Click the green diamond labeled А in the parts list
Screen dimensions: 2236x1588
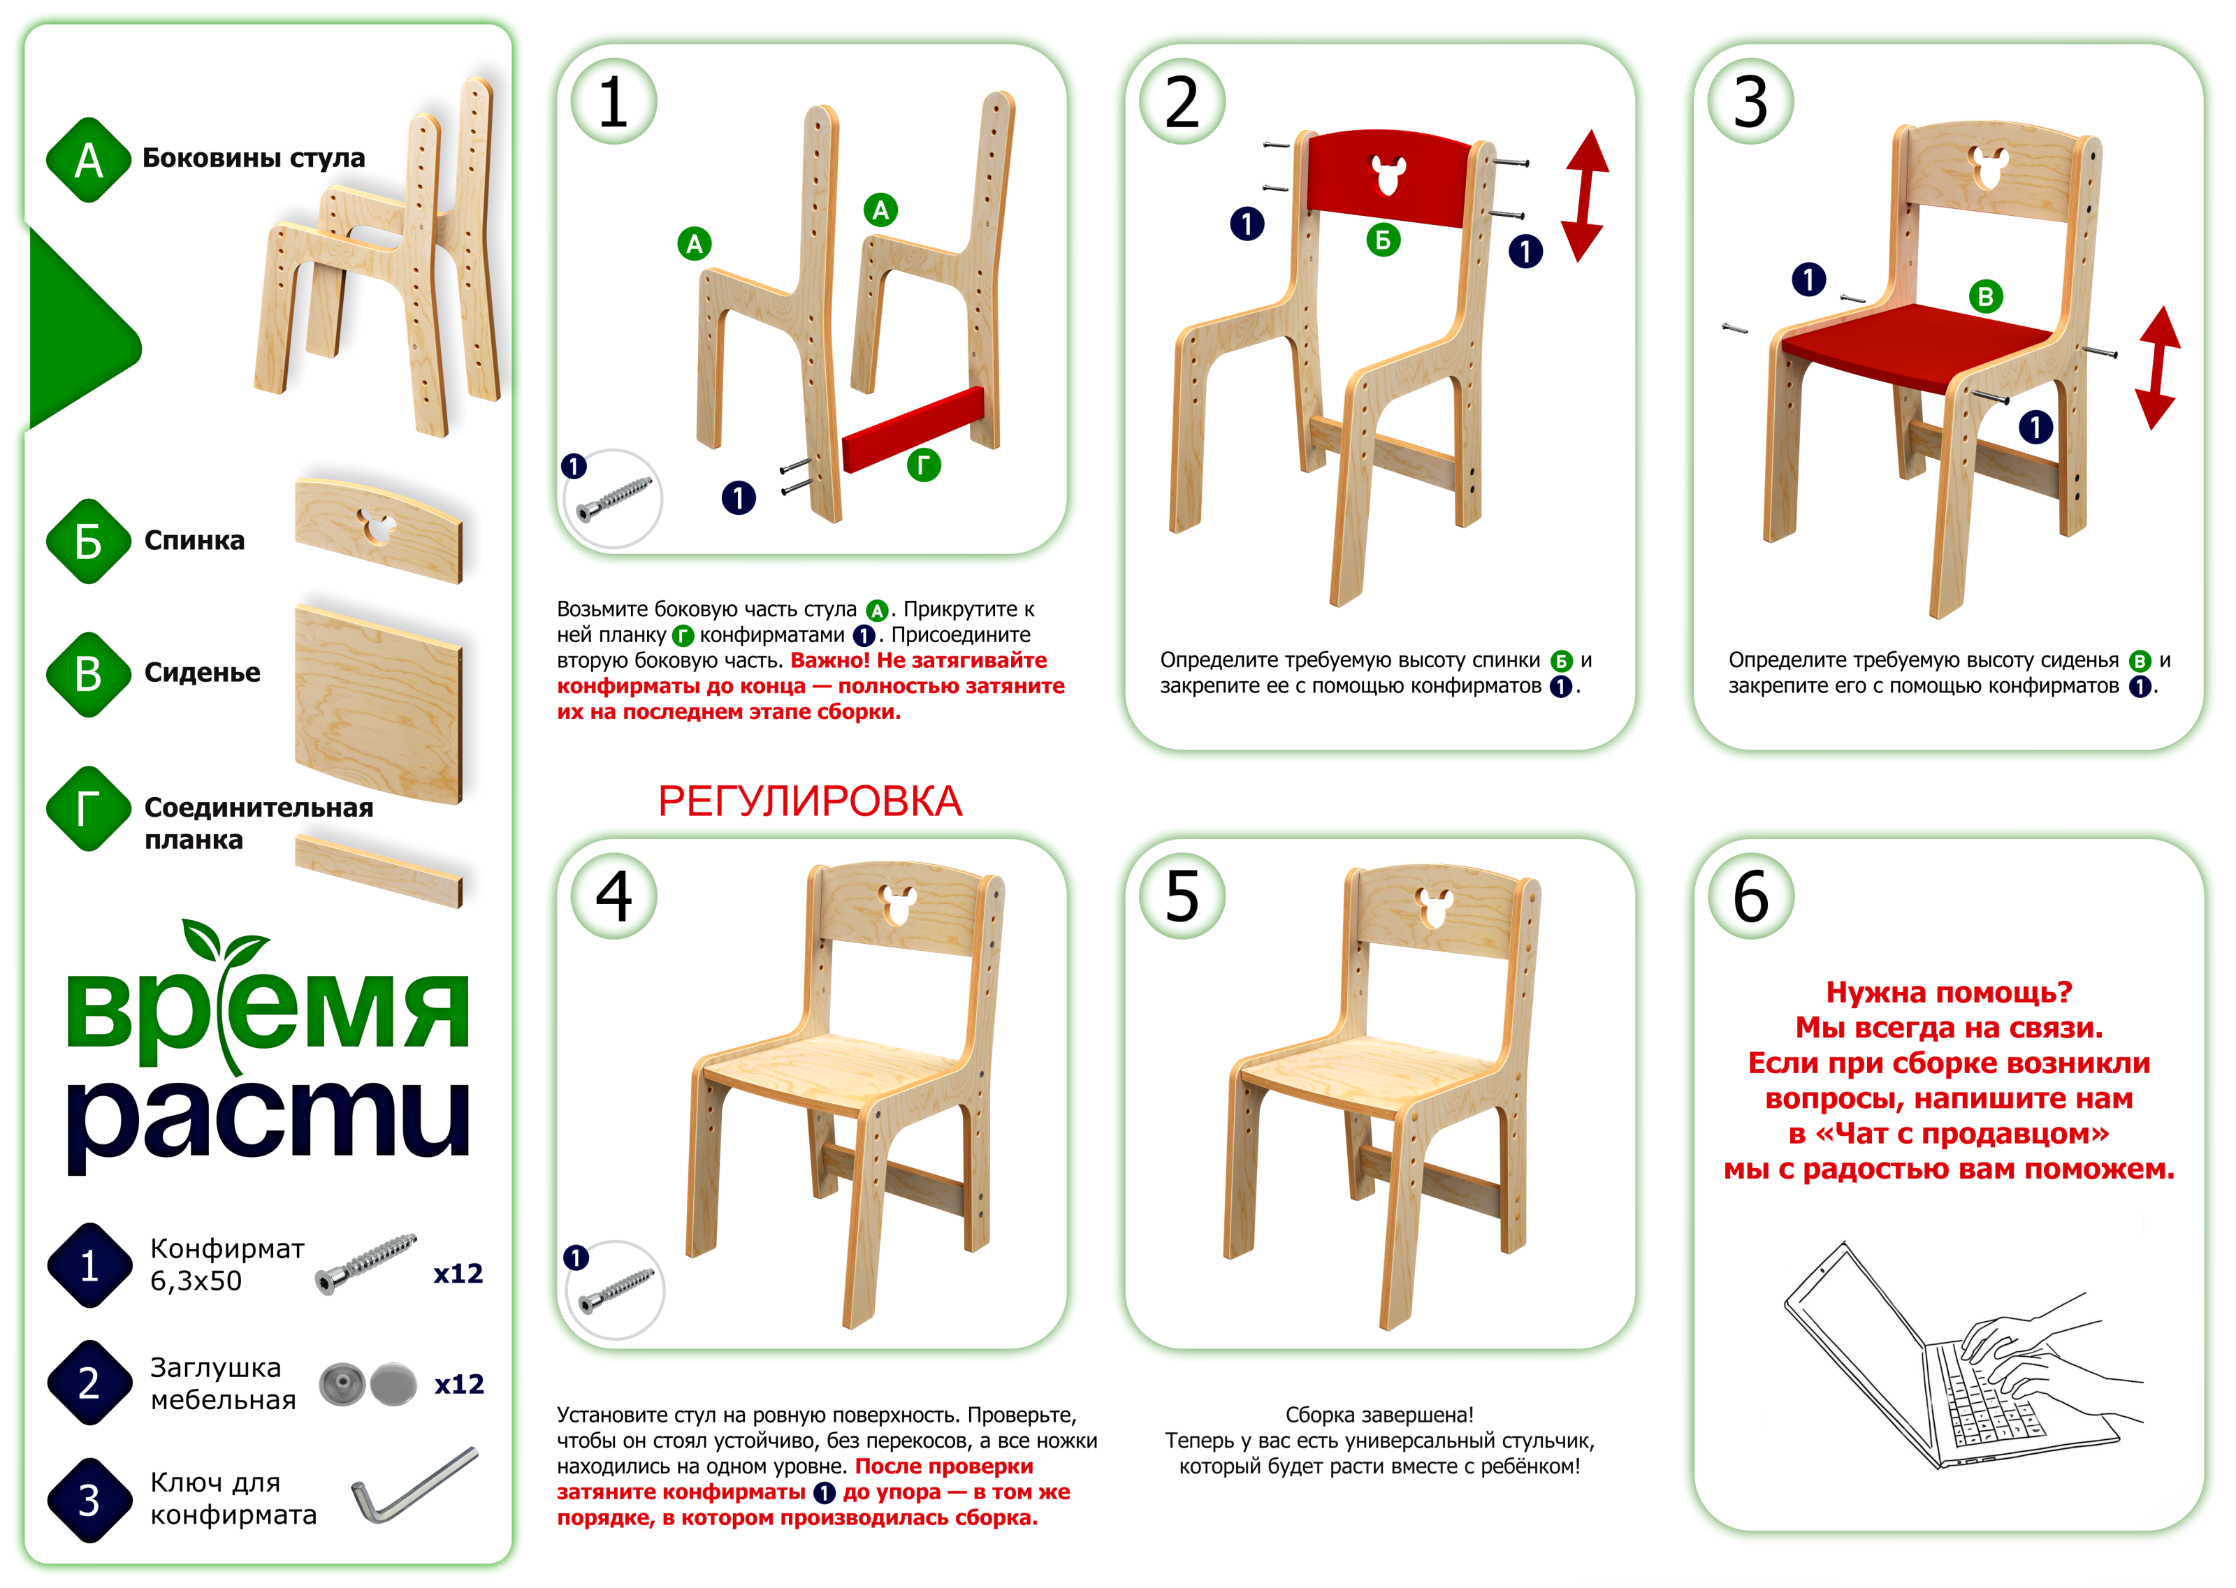point(88,159)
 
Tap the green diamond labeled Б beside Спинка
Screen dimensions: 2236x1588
point(88,541)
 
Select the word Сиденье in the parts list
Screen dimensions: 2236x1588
point(203,673)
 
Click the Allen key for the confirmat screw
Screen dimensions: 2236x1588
point(414,1485)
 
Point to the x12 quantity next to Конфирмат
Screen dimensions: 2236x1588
point(458,1273)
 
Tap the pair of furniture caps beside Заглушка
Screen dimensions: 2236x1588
point(368,1383)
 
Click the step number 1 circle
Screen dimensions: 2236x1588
point(614,102)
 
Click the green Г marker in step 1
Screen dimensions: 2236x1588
point(923,465)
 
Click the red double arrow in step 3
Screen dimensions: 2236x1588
point(2158,367)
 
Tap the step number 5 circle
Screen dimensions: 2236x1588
point(1182,896)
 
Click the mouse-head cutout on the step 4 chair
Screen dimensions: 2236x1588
point(896,905)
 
